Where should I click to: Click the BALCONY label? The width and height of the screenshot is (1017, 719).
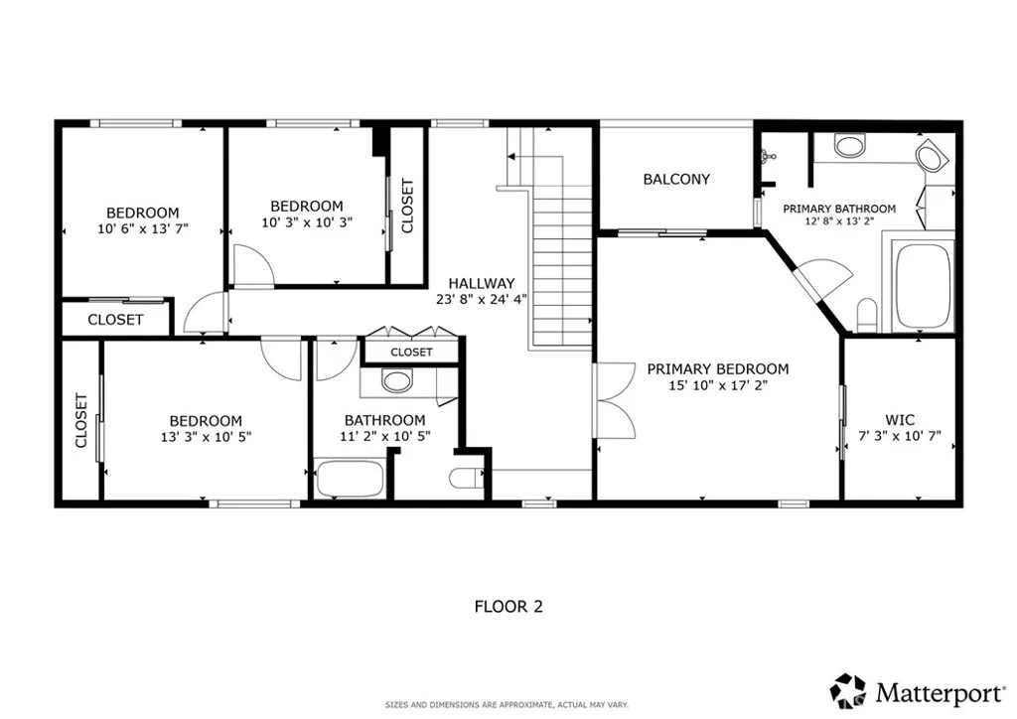(675, 179)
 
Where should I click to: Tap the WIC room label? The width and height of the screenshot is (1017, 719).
(900, 419)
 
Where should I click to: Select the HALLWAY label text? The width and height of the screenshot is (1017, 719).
(482, 283)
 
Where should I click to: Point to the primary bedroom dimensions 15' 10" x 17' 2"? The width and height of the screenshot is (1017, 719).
(718, 385)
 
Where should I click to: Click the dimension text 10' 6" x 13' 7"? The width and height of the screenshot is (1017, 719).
(143, 228)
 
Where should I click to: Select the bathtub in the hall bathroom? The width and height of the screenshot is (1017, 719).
(349, 478)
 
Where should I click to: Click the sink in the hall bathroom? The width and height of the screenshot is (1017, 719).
(397, 380)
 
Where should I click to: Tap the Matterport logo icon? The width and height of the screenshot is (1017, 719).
(848, 691)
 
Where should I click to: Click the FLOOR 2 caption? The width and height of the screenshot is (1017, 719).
(508, 607)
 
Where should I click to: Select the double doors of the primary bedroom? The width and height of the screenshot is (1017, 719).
(614, 400)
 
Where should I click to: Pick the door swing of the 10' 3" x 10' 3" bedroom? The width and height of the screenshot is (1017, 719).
(253, 265)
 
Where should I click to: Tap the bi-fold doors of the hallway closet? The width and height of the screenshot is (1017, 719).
(412, 332)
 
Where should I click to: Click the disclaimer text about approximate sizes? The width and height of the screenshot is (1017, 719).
(507, 705)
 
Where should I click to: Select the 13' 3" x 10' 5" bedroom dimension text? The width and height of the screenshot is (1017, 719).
(206, 437)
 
